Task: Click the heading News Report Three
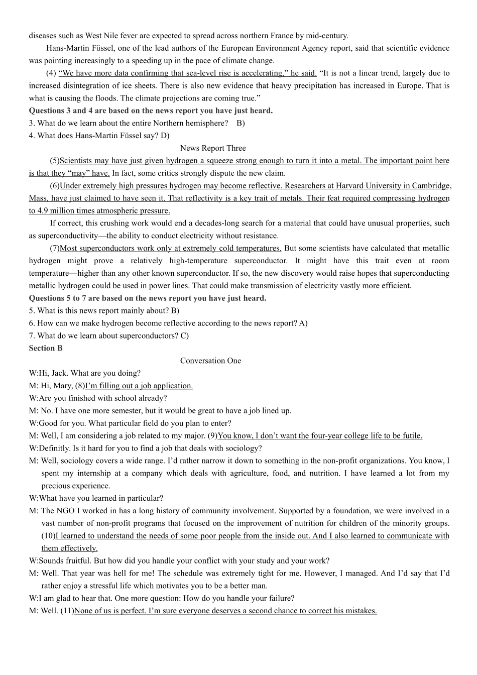(x=213, y=148)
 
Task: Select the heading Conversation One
(x=210, y=361)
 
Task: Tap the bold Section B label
(x=46, y=348)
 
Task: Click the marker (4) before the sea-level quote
(x=51, y=73)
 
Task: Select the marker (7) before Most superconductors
(x=54, y=248)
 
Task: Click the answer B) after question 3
(x=241, y=124)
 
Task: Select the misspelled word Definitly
(x=55, y=448)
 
